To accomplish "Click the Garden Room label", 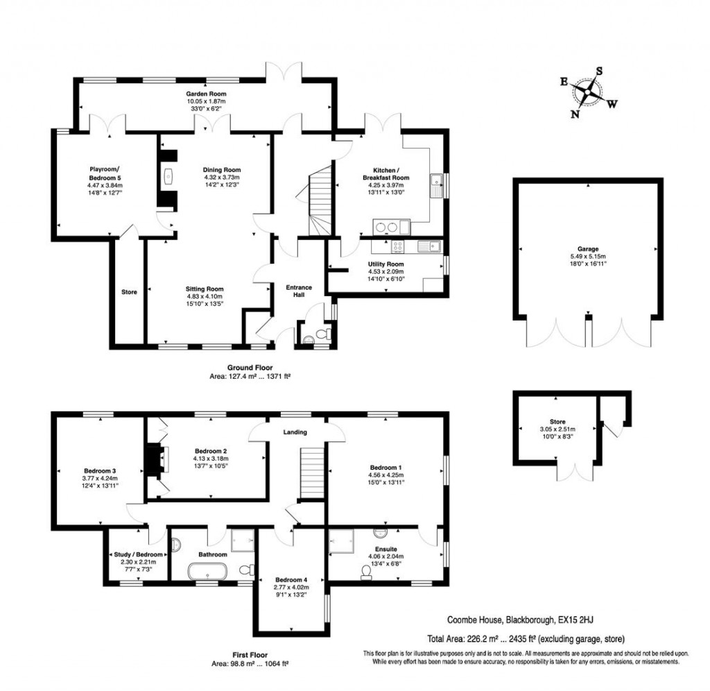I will coord(205,94).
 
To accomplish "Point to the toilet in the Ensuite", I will coord(365,572).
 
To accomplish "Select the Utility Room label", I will coord(386,264).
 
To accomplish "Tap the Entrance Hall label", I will coord(300,291).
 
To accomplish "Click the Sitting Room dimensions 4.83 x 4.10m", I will coord(204,298).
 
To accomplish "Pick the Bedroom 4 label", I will coord(291,580).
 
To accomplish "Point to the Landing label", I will coord(295,432).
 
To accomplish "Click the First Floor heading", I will coord(250,654).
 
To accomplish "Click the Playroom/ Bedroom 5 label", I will coord(105,173).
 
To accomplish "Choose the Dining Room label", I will coord(221,169).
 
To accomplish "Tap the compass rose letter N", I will coord(575,115).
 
